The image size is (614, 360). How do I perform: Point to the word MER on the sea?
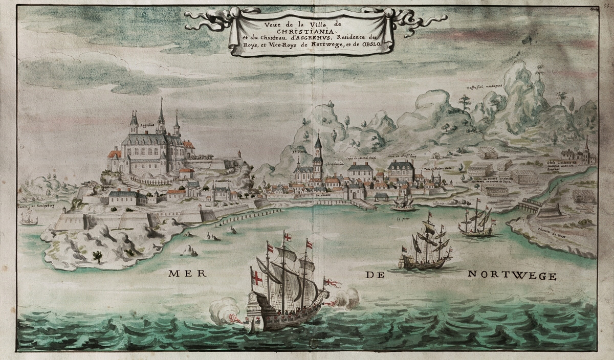pos(185,274)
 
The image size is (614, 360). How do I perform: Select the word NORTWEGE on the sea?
pos(512,277)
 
